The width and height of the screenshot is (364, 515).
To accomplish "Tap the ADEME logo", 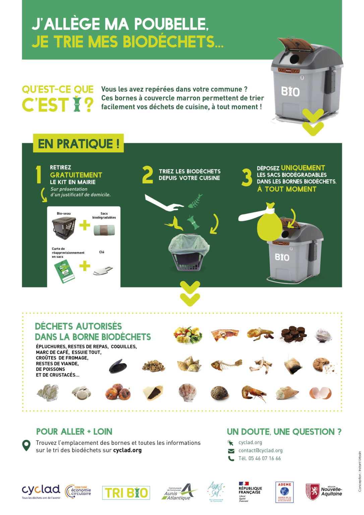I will [x=284, y=492].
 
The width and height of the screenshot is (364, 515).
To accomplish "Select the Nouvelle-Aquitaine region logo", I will [x=323, y=492].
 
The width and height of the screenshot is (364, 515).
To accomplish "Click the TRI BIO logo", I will [x=126, y=493].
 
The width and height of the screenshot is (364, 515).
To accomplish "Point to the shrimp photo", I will [x=254, y=393].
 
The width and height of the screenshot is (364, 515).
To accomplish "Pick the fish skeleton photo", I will [x=226, y=364].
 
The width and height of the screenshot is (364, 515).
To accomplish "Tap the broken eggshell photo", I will [x=320, y=392].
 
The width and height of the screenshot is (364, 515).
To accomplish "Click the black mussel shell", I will [x=118, y=366].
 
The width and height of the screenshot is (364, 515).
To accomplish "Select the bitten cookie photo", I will [x=322, y=365].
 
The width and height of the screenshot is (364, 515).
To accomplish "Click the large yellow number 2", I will [x=147, y=175].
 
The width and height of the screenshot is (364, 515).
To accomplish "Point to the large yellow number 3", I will [x=247, y=177].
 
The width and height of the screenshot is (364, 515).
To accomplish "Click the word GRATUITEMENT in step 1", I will [x=76, y=175].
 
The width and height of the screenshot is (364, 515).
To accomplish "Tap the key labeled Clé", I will [x=103, y=270].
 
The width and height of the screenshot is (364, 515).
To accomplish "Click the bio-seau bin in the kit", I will [x=64, y=228].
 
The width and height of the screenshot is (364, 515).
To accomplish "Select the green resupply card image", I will [x=64, y=271].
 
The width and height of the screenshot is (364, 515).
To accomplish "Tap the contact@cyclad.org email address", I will [x=260, y=451].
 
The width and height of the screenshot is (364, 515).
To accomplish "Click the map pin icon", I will [x=26, y=446].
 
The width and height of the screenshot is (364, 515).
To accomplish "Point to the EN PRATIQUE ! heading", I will [x=78, y=144].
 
